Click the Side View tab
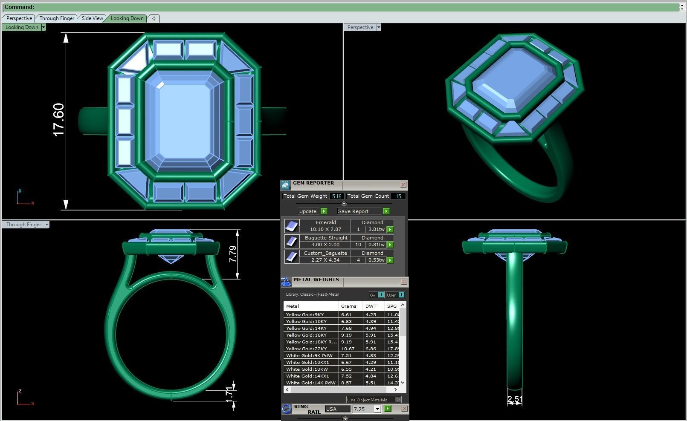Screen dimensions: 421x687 pos(92,18)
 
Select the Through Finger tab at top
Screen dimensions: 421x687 pos(57,18)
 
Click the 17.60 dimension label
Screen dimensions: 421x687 pos(58,120)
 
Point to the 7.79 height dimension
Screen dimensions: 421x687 pos(233,254)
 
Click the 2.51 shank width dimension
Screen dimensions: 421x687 pos(515,399)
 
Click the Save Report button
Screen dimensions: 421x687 pos(353,211)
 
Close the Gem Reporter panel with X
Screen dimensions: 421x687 pos(403,185)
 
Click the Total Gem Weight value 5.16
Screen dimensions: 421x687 pos(336,196)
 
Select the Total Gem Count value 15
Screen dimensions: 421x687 pos(398,196)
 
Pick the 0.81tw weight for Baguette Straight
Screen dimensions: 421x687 pos(376,245)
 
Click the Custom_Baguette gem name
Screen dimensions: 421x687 pos(325,253)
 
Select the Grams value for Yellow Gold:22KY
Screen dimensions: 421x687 pos(348,349)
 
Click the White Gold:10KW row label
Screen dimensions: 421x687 pos(307,369)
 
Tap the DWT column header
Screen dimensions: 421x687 pos(371,306)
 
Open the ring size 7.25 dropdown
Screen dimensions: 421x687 pos(377,409)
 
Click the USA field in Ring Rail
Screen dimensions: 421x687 pos(337,409)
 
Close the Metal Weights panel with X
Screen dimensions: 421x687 pos(404,282)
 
